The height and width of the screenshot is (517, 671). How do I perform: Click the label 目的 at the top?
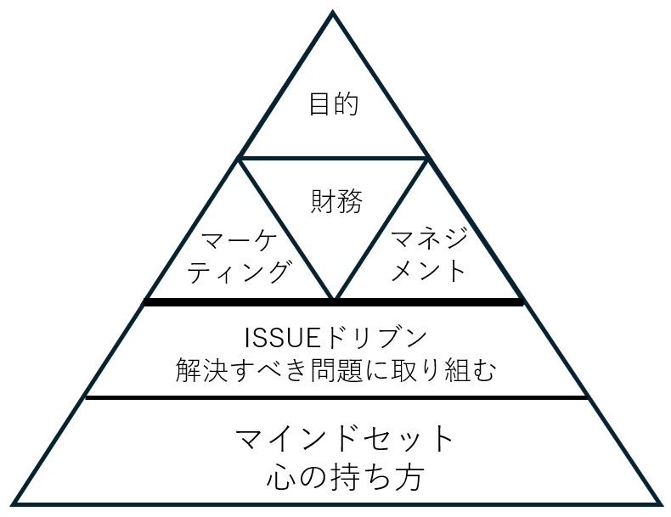pyautogui.click(x=333, y=105)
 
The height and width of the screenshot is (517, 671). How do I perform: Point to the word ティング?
pyautogui.click(x=240, y=272)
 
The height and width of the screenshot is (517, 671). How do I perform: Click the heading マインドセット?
pyautogui.click(x=345, y=441)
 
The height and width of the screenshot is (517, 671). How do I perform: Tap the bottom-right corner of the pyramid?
pyautogui.click(x=659, y=503)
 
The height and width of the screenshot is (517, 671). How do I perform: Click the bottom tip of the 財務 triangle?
pyautogui.click(x=334, y=299)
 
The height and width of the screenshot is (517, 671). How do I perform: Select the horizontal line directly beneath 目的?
pyautogui.click(x=333, y=158)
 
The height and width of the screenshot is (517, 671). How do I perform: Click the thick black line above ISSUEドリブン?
pyautogui.click(x=333, y=302)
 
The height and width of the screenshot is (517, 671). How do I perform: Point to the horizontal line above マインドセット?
pyautogui.click(x=336, y=396)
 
